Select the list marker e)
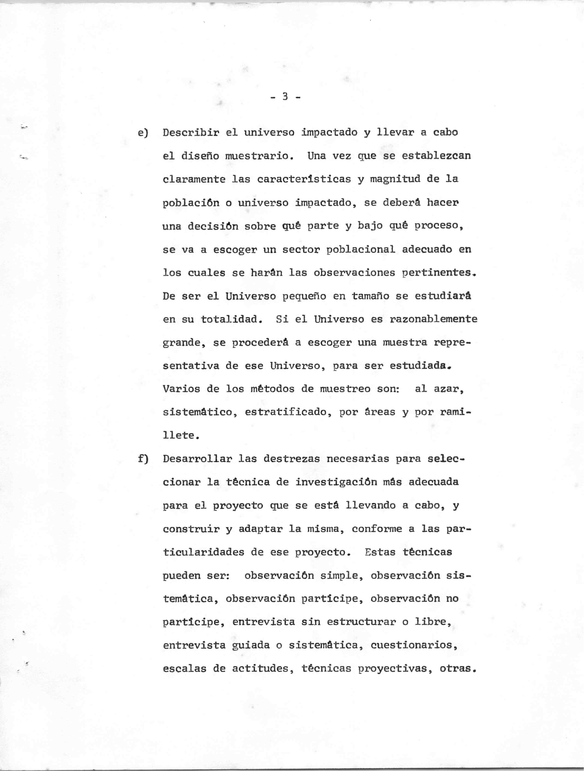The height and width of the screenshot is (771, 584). pyautogui.click(x=143, y=133)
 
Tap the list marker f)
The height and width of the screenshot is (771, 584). pyautogui.click(x=143, y=459)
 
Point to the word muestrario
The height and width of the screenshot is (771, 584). pyautogui.click(x=257, y=156)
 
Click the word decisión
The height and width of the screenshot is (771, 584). pyautogui.click(x=213, y=226)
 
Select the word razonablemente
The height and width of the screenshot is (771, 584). pyautogui.click(x=433, y=319)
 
